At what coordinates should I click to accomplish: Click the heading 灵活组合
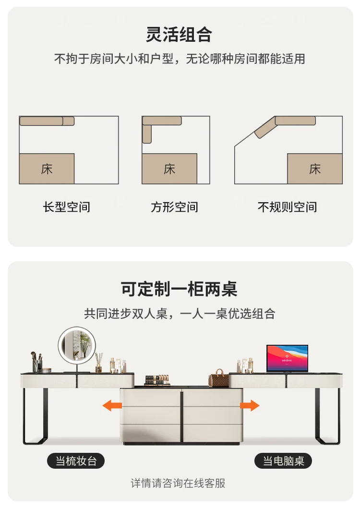click(x=179, y=35)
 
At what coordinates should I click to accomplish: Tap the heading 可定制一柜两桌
click(x=179, y=289)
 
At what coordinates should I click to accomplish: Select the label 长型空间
click(x=67, y=207)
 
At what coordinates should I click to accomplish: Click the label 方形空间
click(x=174, y=207)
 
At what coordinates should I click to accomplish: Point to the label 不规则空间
click(x=287, y=207)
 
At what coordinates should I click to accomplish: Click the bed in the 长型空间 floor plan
click(x=47, y=169)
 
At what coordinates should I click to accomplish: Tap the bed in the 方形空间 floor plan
click(x=169, y=169)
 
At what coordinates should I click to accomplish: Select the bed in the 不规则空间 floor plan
click(x=315, y=169)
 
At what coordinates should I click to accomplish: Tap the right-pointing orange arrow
click(x=249, y=406)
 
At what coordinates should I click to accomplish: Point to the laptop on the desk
click(x=287, y=358)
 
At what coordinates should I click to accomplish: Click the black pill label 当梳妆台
click(x=76, y=461)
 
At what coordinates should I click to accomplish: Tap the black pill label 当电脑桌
click(x=283, y=461)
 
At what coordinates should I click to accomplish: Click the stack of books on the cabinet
click(x=157, y=379)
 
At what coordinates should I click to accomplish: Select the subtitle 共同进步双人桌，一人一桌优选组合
click(x=180, y=314)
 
